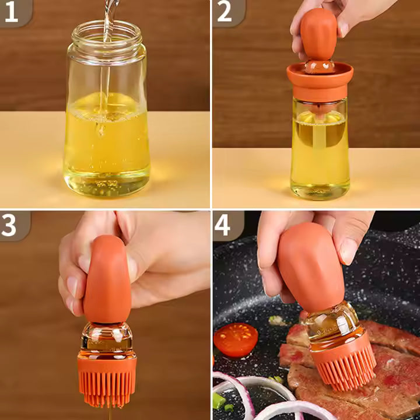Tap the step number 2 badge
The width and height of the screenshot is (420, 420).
coord(225,13)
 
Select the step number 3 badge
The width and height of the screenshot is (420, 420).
coord(11,225)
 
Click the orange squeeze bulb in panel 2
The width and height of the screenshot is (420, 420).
coord(318,35)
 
